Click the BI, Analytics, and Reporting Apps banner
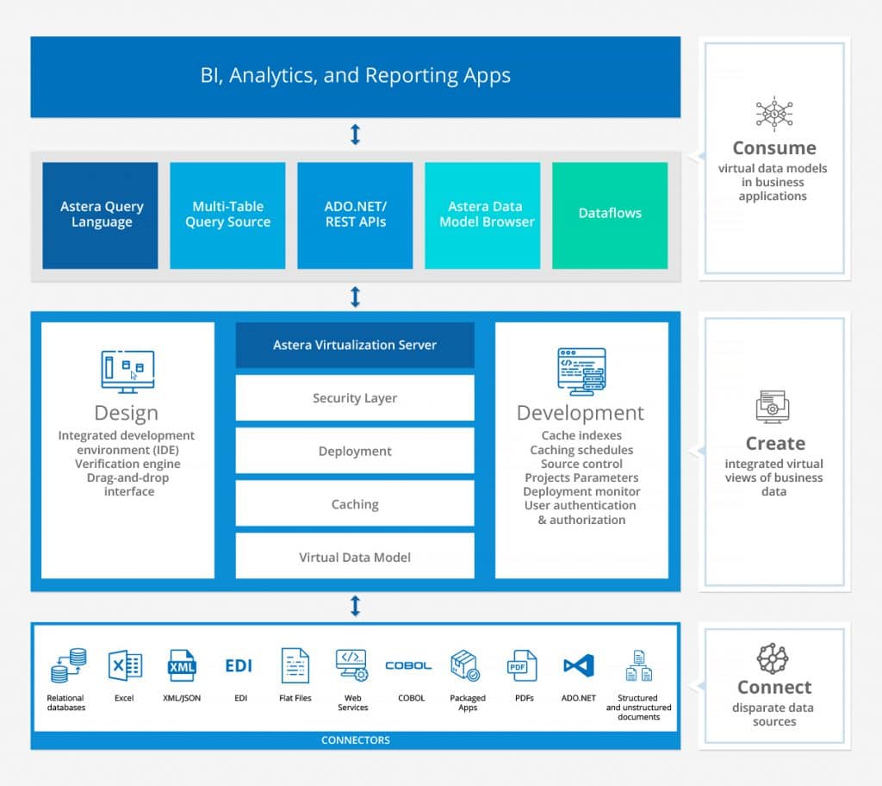click(x=355, y=76)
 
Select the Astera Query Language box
click(x=101, y=215)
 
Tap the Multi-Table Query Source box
click(x=227, y=215)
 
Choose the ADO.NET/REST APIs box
click(x=355, y=215)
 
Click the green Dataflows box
click(x=610, y=215)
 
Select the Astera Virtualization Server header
click(x=355, y=345)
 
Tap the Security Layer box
click(x=355, y=398)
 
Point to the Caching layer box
click(x=355, y=504)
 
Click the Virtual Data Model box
click(x=355, y=557)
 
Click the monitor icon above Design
click(x=127, y=371)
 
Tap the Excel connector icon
click(x=125, y=665)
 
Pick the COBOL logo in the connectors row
click(x=409, y=665)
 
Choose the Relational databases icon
click(x=67, y=665)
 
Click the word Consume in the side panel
click(x=773, y=147)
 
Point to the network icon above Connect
click(x=773, y=658)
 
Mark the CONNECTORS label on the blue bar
click(x=355, y=740)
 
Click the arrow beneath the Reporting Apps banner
click(x=355, y=134)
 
